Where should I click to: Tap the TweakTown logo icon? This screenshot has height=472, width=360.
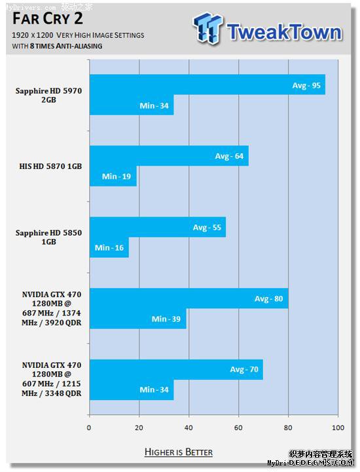pyautogui.click(x=207, y=30)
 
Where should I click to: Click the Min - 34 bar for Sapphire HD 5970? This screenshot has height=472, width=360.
pyautogui.click(x=132, y=105)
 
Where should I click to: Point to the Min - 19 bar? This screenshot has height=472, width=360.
pyautogui.click(x=113, y=176)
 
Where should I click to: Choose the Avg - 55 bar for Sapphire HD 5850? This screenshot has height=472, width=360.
pyautogui.click(x=157, y=227)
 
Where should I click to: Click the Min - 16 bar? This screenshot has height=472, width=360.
pyautogui.click(x=109, y=247)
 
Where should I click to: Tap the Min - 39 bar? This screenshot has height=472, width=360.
pyautogui.click(x=137, y=318)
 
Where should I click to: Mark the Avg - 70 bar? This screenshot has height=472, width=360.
pyautogui.click(x=176, y=369)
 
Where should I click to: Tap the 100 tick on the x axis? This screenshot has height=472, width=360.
pyautogui.click(x=338, y=428)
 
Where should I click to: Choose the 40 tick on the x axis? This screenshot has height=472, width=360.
pyautogui.click(x=189, y=428)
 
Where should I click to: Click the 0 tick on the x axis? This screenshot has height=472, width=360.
pyautogui.click(x=89, y=428)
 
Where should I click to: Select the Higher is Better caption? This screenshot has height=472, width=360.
pyautogui.click(x=179, y=452)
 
